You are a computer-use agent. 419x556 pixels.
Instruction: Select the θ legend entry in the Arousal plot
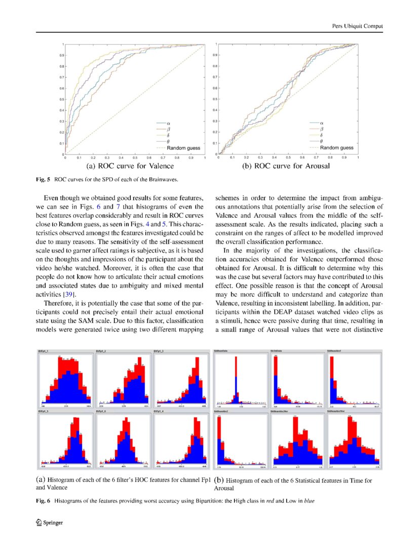point(322,141)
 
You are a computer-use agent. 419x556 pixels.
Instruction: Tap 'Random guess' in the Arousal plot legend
point(336,147)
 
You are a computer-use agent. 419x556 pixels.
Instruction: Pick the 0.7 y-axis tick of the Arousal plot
point(215,77)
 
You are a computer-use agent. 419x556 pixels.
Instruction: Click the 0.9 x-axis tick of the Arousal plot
point(344,158)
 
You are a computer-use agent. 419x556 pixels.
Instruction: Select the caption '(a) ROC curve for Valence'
point(130,166)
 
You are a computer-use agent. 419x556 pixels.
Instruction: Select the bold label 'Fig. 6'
point(42,501)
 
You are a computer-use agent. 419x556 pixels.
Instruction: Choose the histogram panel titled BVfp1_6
point(123,439)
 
